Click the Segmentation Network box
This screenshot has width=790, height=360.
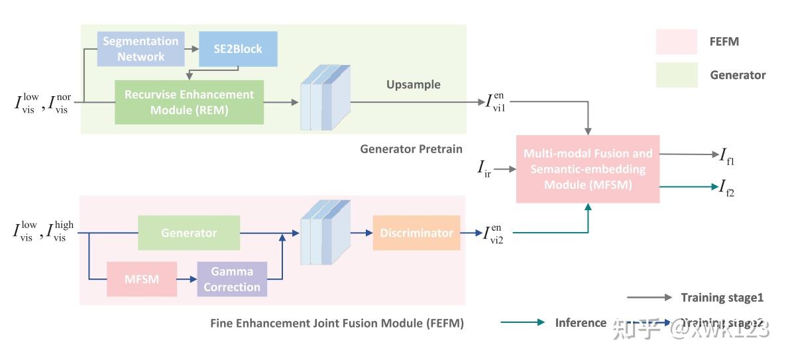pyautogui.click(x=141, y=49)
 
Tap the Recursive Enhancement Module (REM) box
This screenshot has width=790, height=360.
pyautogui.click(x=189, y=102)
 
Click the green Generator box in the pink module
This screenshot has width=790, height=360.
pyautogui.click(x=188, y=233)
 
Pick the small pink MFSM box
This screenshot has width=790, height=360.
pyautogui.click(x=141, y=278)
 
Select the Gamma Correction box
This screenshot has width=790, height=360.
pyautogui.click(x=232, y=279)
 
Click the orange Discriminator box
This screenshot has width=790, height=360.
pyautogui.click(x=416, y=233)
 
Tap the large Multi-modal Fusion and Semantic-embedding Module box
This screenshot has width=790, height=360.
pyautogui.click(x=588, y=169)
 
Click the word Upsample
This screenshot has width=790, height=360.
pyautogui.click(x=413, y=85)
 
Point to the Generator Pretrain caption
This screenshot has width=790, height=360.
pyautogui.click(x=411, y=149)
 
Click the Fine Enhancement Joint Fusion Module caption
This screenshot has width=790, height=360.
pyautogui.click(x=337, y=323)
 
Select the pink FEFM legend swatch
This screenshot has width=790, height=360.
pyautogui.click(x=676, y=42)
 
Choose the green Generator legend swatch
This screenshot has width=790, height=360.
pyautogui.click(x=676, y=75)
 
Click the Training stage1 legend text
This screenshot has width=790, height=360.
pyautogui.click(x=722, y=298)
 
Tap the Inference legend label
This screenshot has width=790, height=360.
pyautogui.click(x=581, y=323)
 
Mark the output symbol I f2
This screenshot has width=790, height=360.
pyautogui.click(x=726, y=188)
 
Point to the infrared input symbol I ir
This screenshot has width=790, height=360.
pyautogui.click(x=484, y=170)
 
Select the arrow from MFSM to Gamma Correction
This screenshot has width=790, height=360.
pyautogui.click(x=187, y=279)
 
